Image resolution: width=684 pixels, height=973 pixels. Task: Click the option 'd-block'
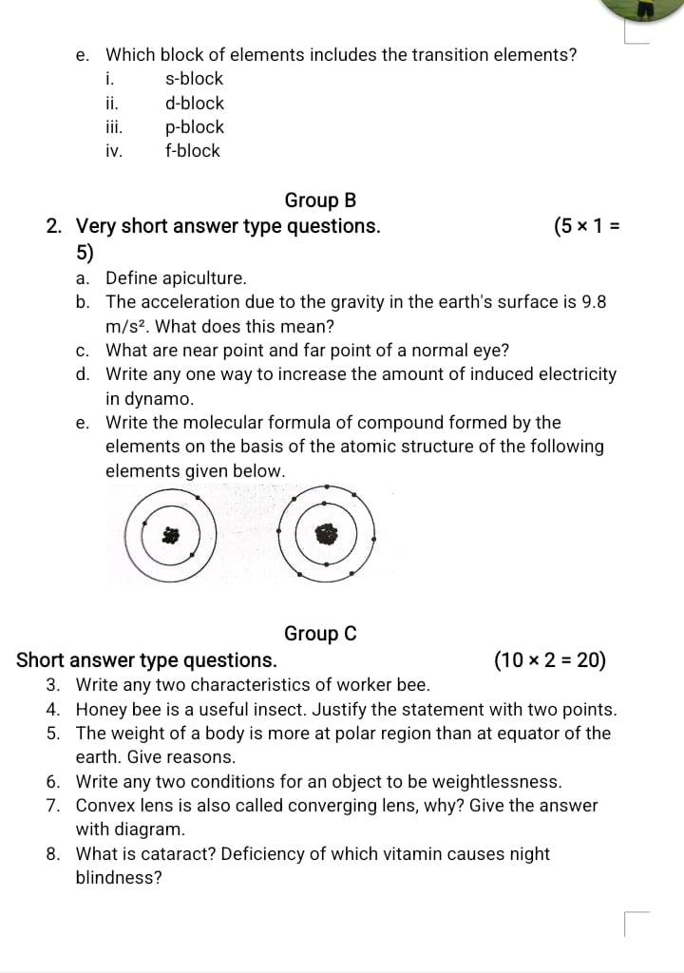coord(194,103)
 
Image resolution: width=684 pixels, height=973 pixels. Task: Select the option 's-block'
coord(194,79)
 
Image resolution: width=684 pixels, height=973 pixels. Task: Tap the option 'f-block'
coord(192,150)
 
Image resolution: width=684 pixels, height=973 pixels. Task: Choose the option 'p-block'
coord(194,126)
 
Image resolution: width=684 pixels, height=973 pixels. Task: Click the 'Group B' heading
coord(320,200)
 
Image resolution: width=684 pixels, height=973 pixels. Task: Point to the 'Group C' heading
coord(320,634)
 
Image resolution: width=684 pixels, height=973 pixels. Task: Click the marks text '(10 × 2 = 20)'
coord(551,660)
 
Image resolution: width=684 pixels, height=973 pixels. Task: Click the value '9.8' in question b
coord(594,302)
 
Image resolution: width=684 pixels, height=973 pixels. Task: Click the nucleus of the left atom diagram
coord(171,536)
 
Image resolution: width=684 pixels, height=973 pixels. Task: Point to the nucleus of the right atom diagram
coord(326,535)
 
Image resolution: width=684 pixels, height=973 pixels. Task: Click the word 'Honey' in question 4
coord(102,709)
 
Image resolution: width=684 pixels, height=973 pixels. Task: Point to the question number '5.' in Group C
coord(54,734)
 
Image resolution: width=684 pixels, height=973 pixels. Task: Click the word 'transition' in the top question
coord(423,55)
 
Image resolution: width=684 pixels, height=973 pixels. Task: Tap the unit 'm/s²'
coord(124,326)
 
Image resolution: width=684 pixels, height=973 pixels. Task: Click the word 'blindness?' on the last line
coord(119,877)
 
